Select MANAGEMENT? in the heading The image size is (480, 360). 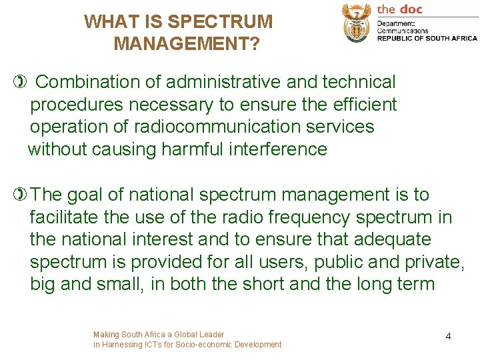click(x=187, y=45)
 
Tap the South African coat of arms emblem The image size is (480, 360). click(x=357, y=22)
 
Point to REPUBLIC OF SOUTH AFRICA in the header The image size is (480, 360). click(x=427, y=39)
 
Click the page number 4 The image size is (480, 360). click(x=448, y=336)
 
